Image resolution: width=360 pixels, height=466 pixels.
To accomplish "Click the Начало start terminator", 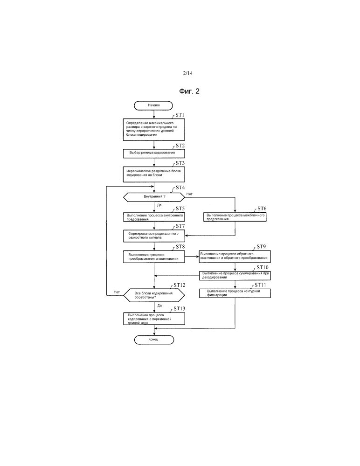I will (x=153, y=105).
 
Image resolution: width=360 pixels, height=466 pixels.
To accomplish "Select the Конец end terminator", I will (x=153, y=340).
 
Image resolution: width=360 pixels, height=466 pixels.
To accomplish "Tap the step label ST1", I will (x=180, y=115).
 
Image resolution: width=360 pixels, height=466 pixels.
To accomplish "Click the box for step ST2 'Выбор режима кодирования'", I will (x=153, y=153).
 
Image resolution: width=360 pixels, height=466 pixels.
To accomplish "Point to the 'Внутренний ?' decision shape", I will (x=153, y=197).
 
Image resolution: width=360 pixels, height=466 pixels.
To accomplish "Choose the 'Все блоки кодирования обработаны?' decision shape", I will (x=153, y=295).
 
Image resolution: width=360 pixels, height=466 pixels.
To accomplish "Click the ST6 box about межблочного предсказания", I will (x=235, y=217).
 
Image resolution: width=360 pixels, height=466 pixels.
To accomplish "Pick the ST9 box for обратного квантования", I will (x=235, y=256).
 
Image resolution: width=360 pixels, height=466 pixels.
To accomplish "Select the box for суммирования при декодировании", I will (x=235, y=275).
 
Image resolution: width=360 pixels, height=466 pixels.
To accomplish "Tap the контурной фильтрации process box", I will (x=235, y=293).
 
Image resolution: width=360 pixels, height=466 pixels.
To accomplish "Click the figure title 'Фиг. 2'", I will (x=189, y=91).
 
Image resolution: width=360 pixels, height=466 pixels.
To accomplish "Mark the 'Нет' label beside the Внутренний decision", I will (x=189, y=194).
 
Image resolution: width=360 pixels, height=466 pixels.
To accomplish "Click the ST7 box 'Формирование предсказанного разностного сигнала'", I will (x=153, y=235).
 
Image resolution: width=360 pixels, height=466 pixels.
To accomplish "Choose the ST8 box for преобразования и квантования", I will (x=153, y=256).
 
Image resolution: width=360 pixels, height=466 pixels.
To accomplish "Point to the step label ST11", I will (x=260, y=285).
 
